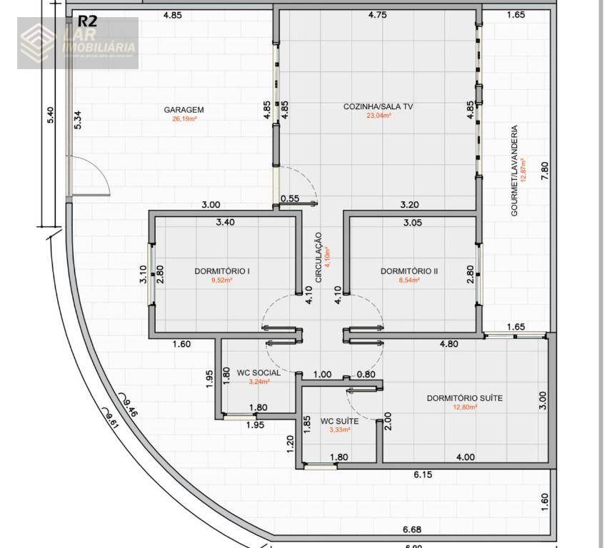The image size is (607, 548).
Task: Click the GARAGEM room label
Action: pos(184,110)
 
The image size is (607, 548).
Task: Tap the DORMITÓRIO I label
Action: pos(221,271)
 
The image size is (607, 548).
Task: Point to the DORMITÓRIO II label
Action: pos(409,271)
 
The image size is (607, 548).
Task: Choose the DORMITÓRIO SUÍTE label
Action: pos(464,398)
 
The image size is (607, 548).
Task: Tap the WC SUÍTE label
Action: pos(339,421)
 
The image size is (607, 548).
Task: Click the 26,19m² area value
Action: pos(184,119)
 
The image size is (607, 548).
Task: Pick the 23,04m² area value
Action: pos(378,116)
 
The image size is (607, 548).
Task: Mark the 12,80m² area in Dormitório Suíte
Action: pos(464,407)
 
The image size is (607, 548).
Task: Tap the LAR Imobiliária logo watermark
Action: pos(78,43)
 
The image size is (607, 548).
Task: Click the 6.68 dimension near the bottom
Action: pos(411,529)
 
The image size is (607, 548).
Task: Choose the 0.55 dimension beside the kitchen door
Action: pos(289,198)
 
